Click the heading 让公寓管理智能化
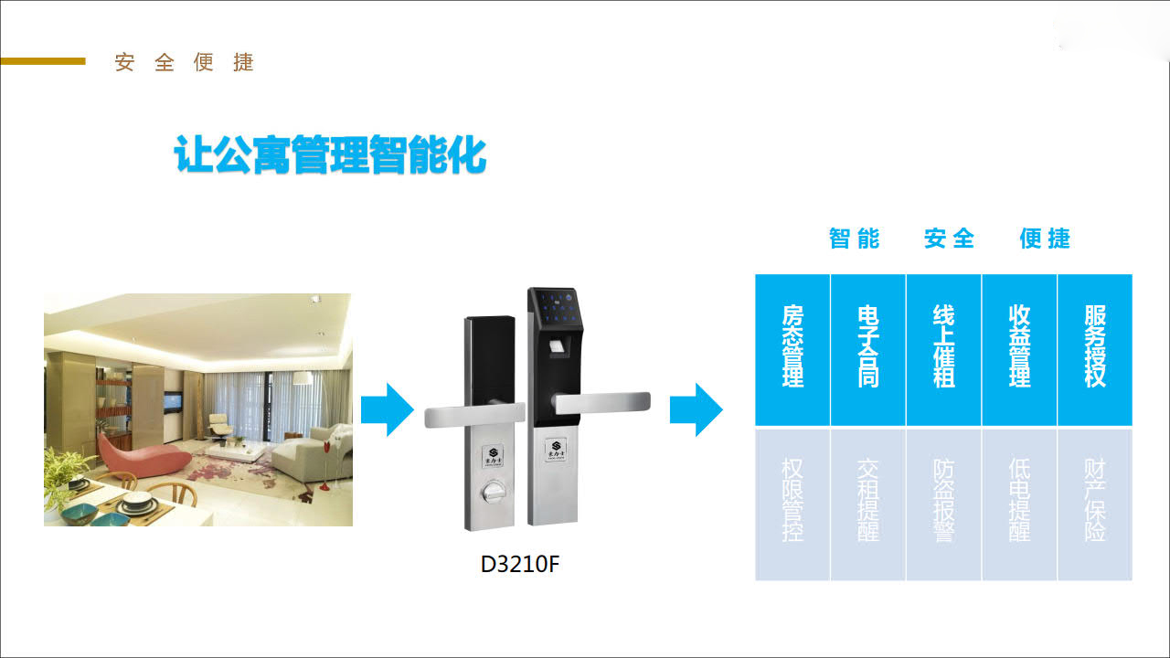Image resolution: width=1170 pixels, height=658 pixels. (330, 156)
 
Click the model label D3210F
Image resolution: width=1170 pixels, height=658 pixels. (519, 564)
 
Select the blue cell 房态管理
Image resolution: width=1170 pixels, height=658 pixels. (792, 348)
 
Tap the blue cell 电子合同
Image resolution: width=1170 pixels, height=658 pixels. (868, 348)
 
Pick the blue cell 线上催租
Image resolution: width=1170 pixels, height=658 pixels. (943, 348)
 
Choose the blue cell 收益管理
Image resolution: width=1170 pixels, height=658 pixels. (1019, 348)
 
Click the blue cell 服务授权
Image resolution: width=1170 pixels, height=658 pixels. (1094, 348)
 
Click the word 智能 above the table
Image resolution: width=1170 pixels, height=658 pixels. (854, 239)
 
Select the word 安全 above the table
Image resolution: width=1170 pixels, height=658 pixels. (949, 239)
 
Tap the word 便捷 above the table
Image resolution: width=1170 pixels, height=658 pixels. (1045, 239)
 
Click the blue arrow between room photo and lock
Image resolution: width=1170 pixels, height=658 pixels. (388, 409)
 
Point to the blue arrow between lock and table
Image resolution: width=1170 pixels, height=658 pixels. (697, 409)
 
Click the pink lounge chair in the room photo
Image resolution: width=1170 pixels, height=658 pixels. (137, 450)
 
